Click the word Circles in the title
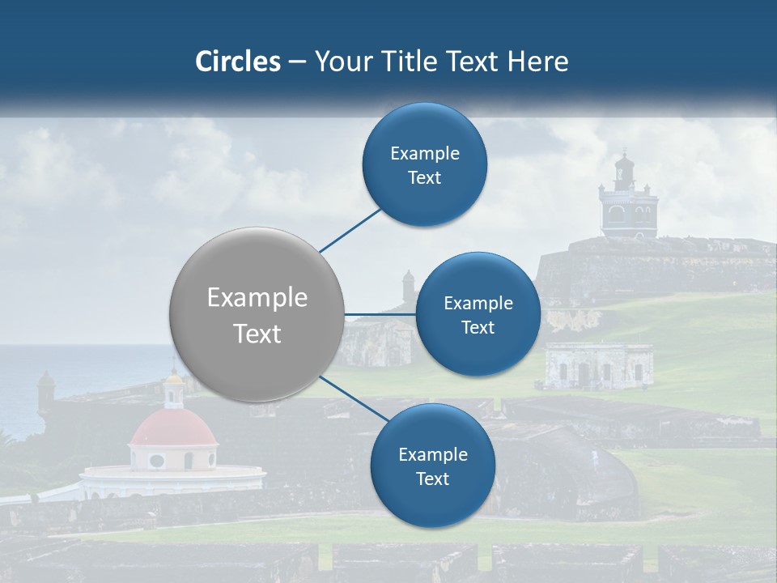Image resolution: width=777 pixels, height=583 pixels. click(238, 62)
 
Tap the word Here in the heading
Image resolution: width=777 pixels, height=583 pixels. click(537, 62)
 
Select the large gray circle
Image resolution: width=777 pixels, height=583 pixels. click(257, 314)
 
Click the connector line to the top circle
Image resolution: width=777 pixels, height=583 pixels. click(351, 230)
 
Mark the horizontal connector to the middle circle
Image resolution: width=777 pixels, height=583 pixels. click(380, 314)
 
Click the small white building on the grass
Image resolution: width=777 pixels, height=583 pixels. click(599, 366)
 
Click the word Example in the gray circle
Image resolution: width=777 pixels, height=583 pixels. click(257, 298)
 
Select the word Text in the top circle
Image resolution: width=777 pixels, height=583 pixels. click(425, 178)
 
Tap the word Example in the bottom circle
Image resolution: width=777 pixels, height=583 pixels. click(433, 455)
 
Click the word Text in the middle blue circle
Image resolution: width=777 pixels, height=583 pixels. click(478, 328)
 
